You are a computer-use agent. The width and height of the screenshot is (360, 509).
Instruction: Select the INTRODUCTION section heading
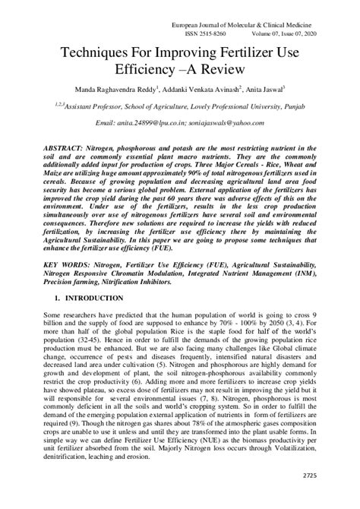tap(84, 299)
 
